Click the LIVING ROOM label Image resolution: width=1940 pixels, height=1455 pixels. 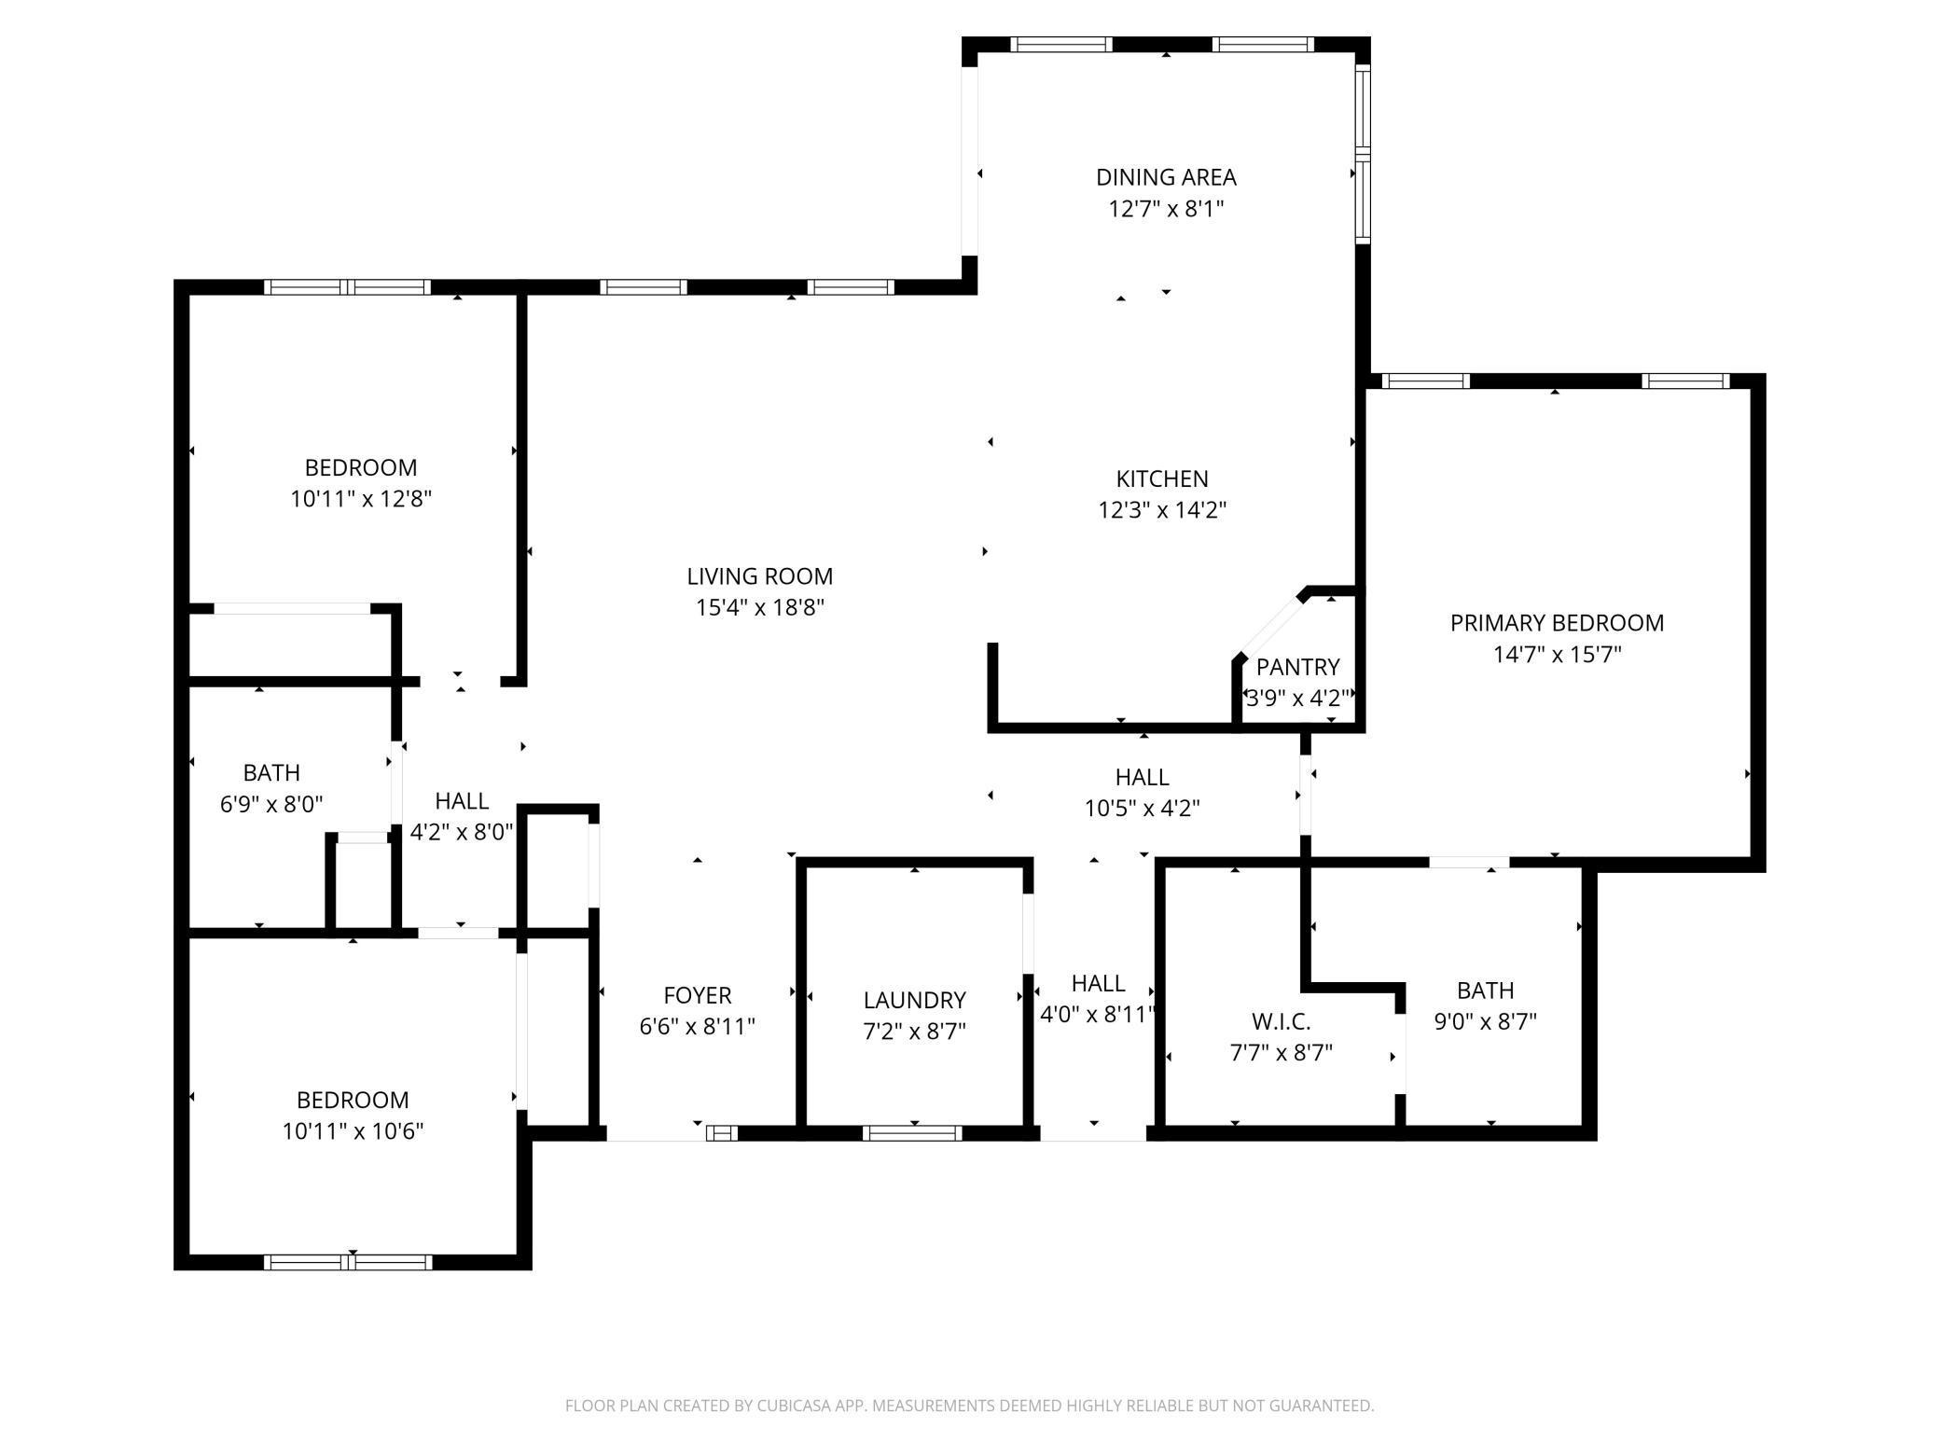(760, 576)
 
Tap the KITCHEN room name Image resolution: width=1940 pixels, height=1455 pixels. (1162, 478)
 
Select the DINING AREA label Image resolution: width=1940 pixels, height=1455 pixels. (1166, 177)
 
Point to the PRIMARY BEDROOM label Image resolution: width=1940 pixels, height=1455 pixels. (1557, 623)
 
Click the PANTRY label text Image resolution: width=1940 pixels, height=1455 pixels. (1297, 667)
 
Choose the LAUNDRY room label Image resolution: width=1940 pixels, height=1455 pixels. (914, 1000)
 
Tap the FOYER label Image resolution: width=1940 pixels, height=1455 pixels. (698, 995)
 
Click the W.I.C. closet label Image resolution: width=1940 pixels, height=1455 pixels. (1282, 1021)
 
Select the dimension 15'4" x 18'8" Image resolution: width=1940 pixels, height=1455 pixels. (760, 608)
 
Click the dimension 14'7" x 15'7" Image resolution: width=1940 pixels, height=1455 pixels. (1558, 655)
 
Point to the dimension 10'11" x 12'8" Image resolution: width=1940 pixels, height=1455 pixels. (361, 499)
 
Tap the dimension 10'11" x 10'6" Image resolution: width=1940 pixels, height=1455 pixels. (353, 1131)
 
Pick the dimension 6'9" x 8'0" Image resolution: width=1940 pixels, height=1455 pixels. (271, 804)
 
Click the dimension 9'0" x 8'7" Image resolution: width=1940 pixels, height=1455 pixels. (1485, 1021)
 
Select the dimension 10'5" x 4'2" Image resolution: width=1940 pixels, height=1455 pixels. (1142, 809)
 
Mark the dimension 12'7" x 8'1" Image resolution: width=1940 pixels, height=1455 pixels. (1166, 209)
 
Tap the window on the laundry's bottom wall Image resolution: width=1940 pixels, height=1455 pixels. (912, 1133)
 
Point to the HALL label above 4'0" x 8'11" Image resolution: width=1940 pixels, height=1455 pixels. (1098, 983)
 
